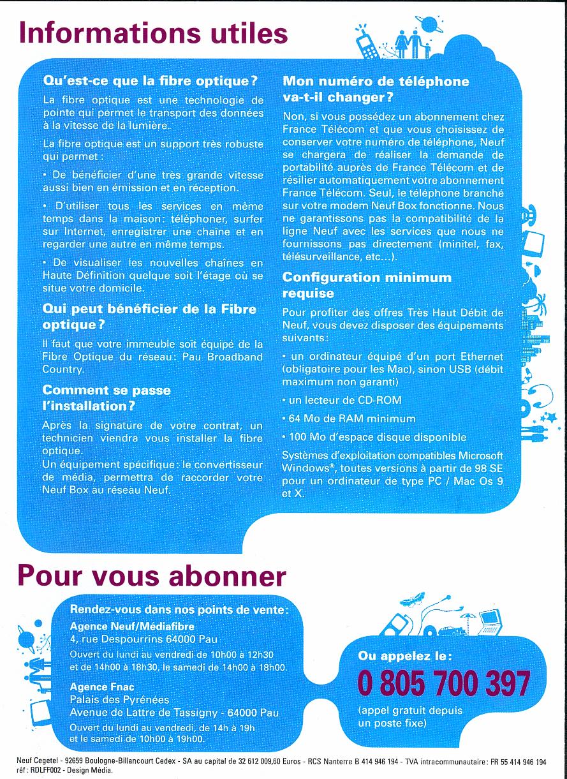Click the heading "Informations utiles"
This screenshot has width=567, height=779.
[x=153, y=32]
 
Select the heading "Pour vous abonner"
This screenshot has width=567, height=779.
[x=153, y=575]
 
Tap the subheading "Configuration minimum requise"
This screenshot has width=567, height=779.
[x=367, y=285]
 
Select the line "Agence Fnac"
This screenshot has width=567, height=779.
[x=98, y=687]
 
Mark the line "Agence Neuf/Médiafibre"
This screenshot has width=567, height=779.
[x=124, y=626]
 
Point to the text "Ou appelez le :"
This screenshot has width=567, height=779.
[x=405, y=656]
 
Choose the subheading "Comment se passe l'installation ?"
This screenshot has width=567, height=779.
[x=107, y=397]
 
